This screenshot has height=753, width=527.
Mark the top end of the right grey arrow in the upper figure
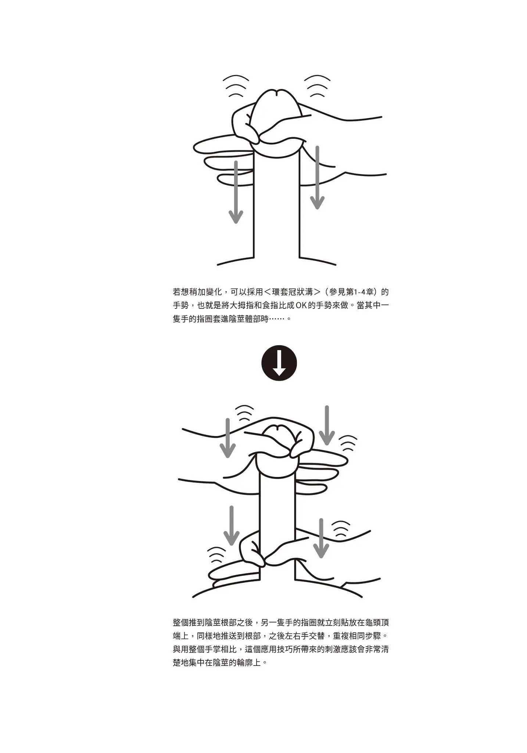(x=317, y=147)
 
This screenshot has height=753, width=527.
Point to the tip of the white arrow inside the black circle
(x=279, y=375)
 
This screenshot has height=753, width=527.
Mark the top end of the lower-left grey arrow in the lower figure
(x=232, y=507)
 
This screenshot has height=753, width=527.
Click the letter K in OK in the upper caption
(x=304, y=306)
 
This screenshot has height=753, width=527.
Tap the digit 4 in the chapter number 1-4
(x=369, y=292)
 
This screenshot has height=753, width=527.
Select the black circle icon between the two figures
(x=279, y=363)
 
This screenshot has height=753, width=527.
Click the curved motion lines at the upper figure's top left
(x=236, y=86)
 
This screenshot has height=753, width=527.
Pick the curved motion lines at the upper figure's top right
(x=317, y=86)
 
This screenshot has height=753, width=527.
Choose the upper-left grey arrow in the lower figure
(x=227, y=438)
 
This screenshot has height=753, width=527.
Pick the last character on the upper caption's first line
(x=385, y=292)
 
